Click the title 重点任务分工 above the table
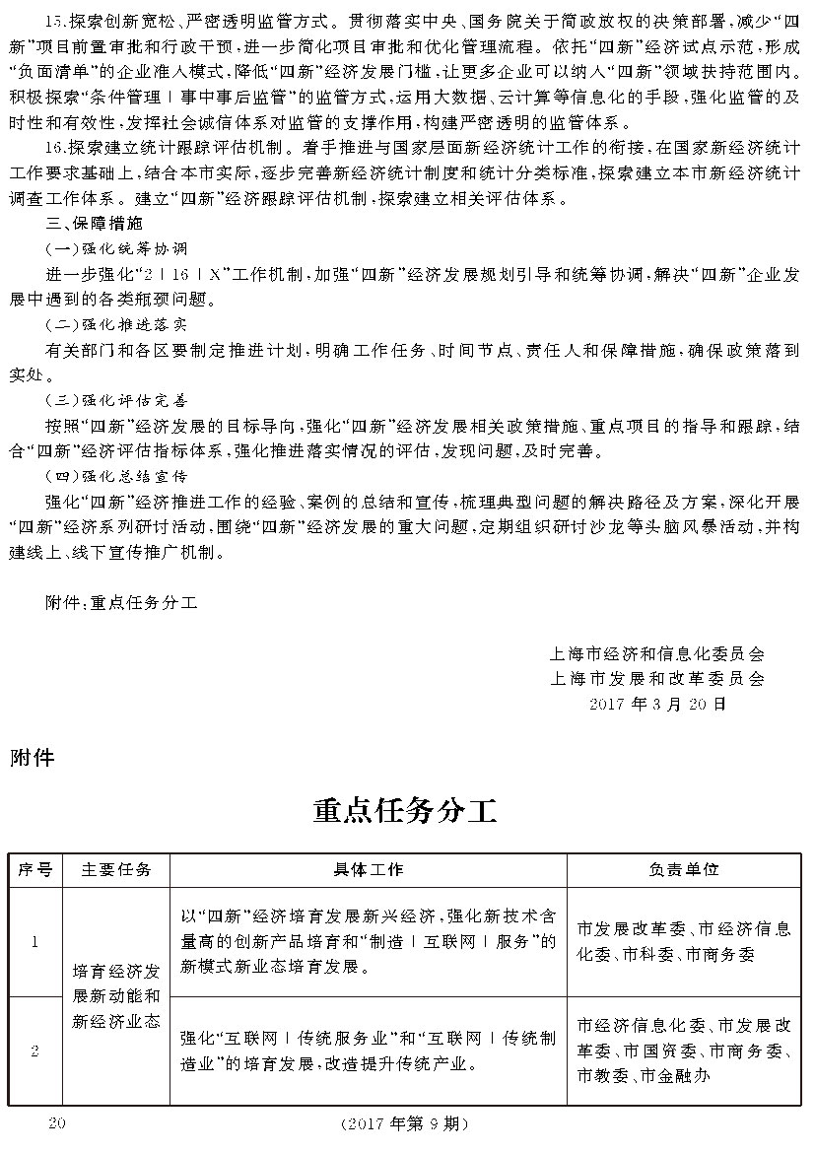click(405, 810)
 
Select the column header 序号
click(34, 870)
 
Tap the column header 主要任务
click(116, 870)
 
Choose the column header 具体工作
click(368, 870)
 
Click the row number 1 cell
click(34, 942)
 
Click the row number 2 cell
click(34, 1051)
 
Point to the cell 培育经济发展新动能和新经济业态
click(116, 995)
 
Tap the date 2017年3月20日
click(657, 705)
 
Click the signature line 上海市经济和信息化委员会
click(657, 653)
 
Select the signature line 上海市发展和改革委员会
click(657, 679)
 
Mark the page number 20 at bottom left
click(55, 1122)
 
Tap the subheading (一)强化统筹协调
click(116, 248)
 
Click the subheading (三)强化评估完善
click(116, 401)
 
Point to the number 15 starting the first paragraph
click(54, 21)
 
